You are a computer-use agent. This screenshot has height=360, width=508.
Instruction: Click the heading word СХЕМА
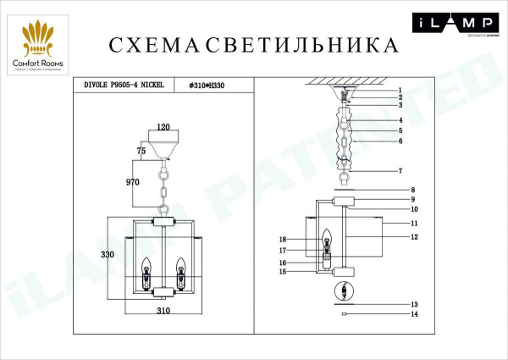[151, 44]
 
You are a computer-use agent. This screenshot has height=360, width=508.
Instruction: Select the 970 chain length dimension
[131, 182]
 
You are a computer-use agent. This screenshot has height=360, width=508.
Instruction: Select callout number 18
[284, 240]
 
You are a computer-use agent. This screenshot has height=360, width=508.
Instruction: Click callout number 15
[284, 272]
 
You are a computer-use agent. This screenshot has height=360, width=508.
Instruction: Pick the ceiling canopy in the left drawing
[164, 138]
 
